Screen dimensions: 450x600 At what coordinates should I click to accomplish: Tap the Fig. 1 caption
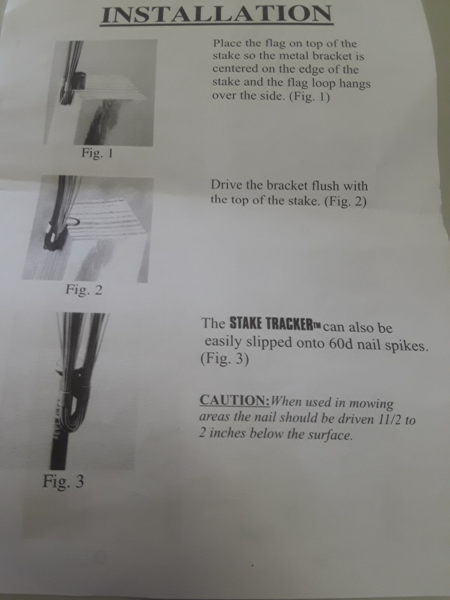(97, 153)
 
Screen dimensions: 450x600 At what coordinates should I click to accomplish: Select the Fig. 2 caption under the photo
(84, 290)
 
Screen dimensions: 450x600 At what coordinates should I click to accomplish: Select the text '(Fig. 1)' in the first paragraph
(309, 97)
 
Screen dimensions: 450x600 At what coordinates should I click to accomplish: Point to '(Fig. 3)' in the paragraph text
(225, 360)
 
